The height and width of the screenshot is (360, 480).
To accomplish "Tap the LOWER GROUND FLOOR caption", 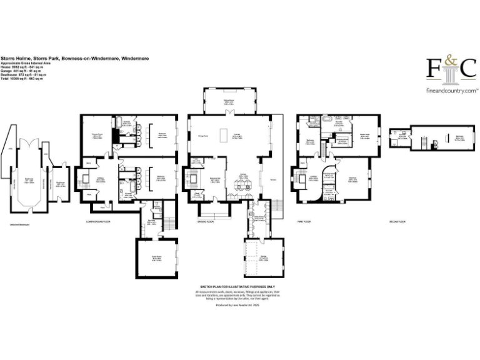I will point(97,222).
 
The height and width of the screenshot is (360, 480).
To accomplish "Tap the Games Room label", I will point(149,257).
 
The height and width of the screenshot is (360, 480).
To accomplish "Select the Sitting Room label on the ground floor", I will point(230,101).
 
